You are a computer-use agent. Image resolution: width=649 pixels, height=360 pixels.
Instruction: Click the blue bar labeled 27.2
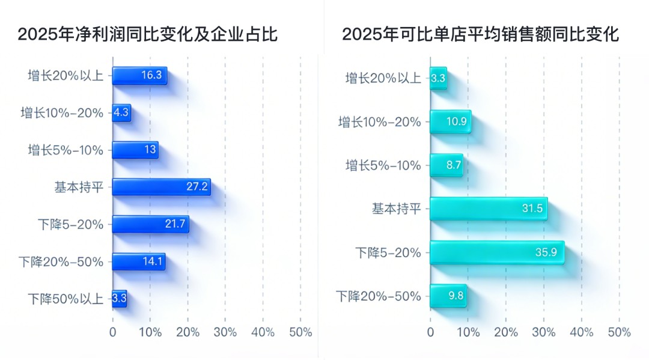pos(161,187)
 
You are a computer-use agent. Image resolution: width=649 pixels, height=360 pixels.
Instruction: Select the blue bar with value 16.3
pos(139,76)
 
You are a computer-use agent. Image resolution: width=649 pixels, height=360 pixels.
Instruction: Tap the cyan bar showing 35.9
pos(497,252)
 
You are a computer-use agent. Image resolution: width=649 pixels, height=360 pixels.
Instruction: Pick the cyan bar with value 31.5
pos(488,209)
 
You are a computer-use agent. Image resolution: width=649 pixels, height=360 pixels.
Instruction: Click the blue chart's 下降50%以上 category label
pos(66,299)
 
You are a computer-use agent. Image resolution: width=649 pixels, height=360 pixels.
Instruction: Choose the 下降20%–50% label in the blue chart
pos(61,261)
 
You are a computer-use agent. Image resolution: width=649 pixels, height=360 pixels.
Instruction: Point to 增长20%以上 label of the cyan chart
pos(383,78)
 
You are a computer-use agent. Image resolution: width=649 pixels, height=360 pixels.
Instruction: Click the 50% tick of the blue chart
pos(300,332)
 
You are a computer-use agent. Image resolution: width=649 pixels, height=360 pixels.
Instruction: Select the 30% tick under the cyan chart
pos(544,332)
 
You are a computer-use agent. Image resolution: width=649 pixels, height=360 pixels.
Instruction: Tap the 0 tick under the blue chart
pos(112,332)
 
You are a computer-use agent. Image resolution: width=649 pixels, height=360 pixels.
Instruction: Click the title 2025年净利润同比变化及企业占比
pos(147,34)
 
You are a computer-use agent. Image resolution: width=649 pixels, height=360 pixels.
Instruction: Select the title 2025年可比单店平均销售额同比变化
pos(481,34)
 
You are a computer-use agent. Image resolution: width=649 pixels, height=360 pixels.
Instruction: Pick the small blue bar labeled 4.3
pos(121,112)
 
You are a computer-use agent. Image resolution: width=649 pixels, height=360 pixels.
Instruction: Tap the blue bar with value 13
pos(135,150)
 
